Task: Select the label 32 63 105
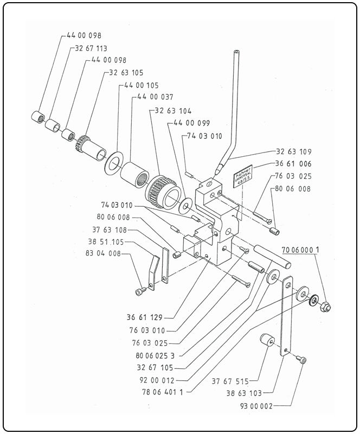126,72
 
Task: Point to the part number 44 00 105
142,85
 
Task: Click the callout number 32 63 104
173,110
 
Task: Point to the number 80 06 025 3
157,355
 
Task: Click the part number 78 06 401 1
157,392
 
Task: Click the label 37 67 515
231,381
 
